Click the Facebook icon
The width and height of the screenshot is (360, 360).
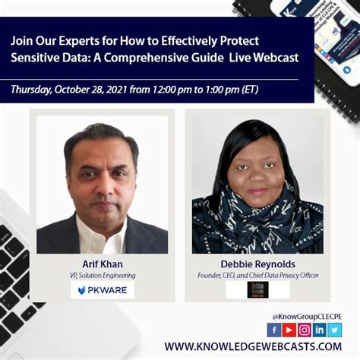273,329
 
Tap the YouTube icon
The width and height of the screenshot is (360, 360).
289,329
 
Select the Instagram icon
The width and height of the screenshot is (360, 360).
304,329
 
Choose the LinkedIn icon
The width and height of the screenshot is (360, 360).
319,329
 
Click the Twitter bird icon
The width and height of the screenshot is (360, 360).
334,329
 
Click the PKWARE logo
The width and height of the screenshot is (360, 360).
102,290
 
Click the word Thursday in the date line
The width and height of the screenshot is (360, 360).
35,90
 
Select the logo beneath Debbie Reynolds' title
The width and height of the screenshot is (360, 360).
257,290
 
